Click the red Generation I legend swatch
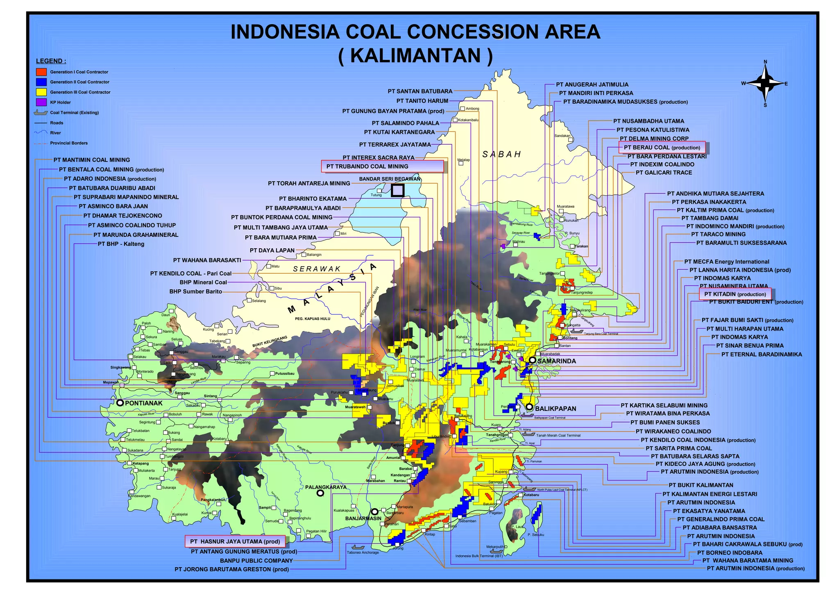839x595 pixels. [41, 72]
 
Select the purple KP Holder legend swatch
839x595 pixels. [41, 102]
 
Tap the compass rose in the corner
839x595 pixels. [764, 84]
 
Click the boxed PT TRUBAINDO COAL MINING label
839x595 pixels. [382, 166]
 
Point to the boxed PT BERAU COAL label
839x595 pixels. [662, 148]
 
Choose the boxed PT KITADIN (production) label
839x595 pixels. [735, 294]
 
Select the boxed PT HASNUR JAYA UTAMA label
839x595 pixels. [235, 541]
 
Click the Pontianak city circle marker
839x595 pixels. [120, 403]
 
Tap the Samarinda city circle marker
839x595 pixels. [532, 360]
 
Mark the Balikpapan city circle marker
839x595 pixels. [529, 407]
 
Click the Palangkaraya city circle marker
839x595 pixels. [320, 493]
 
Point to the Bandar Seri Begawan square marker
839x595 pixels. [397, 191]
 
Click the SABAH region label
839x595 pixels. [501, 154]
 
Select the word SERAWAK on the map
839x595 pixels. [317, 269]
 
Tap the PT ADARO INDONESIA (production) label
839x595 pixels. [110, 179]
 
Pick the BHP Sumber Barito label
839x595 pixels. [196, 291]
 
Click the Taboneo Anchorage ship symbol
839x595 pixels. [358, 547]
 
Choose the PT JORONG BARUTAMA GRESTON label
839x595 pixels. [231, 569]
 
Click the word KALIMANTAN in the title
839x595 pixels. [415, 56]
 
